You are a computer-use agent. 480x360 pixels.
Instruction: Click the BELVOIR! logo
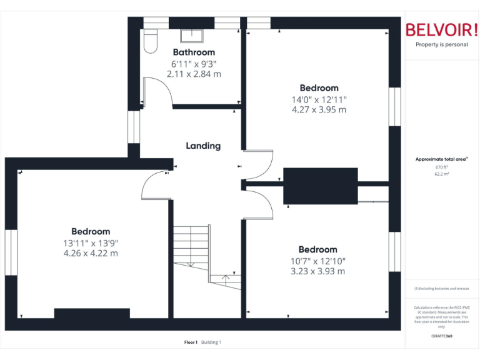tap(441, 29)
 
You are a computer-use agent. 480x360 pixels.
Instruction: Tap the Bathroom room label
tap(194, 52)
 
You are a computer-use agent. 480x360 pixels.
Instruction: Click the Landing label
tap(203, 146)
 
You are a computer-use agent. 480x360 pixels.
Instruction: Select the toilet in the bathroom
tap(150, 41)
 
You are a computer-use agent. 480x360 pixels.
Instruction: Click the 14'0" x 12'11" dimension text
tap(319, 99)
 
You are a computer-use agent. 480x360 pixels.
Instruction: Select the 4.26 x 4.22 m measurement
tap(91, 253)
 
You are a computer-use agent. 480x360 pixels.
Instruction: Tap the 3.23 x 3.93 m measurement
tap(318, 271)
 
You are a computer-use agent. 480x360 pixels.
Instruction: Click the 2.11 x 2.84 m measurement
tap(194, 74)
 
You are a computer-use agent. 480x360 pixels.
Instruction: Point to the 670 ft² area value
tap(442, 167)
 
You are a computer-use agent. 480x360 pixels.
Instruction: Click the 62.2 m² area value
tap(442, 174)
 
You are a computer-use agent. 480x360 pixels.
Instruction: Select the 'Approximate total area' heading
tap(441, 159)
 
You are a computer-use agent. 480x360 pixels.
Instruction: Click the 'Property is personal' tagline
tap(442, 44)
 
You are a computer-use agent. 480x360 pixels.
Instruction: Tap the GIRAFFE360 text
tap(442, 336)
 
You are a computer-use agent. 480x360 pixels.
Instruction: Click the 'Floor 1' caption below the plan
tap(191, 342)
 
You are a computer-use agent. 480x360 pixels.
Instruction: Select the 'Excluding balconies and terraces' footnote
tap(442, 289)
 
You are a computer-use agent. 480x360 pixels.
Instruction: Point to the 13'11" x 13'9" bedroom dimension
tap(91, 243)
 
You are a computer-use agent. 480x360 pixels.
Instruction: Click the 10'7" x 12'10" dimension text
tap(318, 261)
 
